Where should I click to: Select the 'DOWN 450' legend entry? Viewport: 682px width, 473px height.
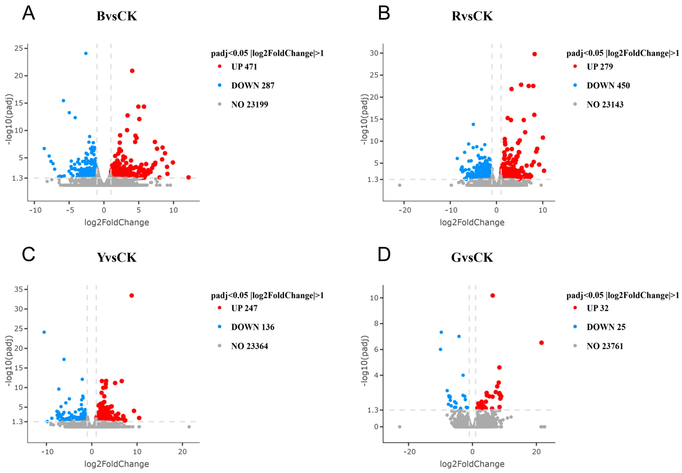pos(608,86)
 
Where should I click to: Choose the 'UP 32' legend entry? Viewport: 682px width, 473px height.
pos(598,308)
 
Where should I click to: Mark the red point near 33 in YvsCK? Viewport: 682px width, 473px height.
pos(132,296)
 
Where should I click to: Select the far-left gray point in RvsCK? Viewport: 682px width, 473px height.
pos(399,185)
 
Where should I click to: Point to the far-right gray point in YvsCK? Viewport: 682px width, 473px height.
pos(189,427)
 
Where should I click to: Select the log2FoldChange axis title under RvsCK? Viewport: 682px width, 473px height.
pos(472,223)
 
